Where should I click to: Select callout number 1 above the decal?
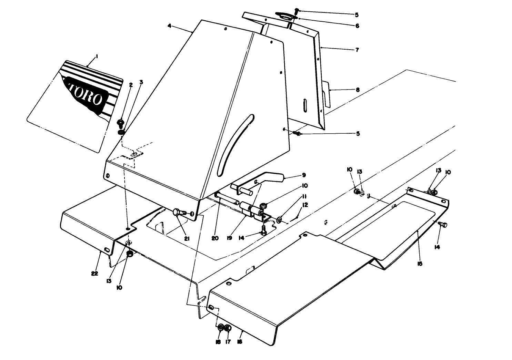point(97,56)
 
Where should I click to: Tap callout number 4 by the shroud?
point(169,26)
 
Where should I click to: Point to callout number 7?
point(357,50)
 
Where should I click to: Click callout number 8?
point(358,90)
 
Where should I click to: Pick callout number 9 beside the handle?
point(304,175)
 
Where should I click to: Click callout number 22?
point(94,274)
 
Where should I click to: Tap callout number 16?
point(240,341)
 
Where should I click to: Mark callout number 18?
point(218,342)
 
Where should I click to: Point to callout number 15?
point(420,264)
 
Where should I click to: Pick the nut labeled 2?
point(121,122)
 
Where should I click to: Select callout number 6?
point(357,26)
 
